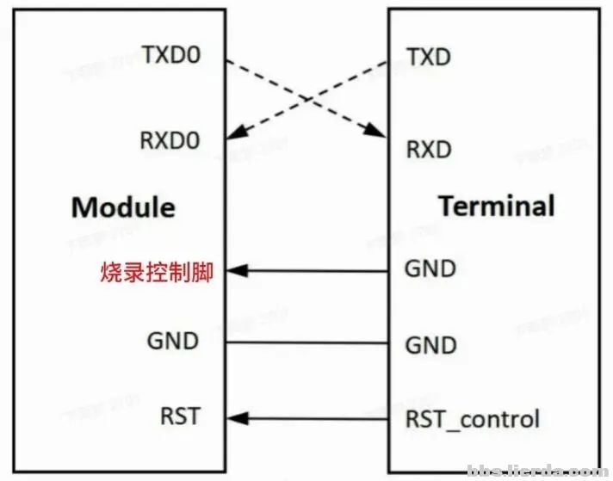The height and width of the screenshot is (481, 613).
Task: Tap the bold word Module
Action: coord(123,207)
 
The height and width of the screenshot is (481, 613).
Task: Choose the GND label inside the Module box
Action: coord(173,342)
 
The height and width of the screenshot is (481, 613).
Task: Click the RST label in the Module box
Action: coord(179,417)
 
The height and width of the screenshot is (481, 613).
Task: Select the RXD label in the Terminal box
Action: coord(429,150)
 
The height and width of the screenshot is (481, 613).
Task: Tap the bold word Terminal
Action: coord(496,207)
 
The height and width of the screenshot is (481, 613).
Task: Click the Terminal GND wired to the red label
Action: coord(430,269)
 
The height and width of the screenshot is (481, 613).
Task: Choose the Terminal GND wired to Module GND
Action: coord(430,345)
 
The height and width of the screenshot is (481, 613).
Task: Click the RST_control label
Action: coord(472,419)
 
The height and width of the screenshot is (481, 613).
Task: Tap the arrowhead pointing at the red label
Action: coord(234,272)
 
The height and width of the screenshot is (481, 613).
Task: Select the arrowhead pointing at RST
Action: coord(234,419)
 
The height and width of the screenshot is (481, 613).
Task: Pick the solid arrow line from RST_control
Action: coord(314,419)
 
